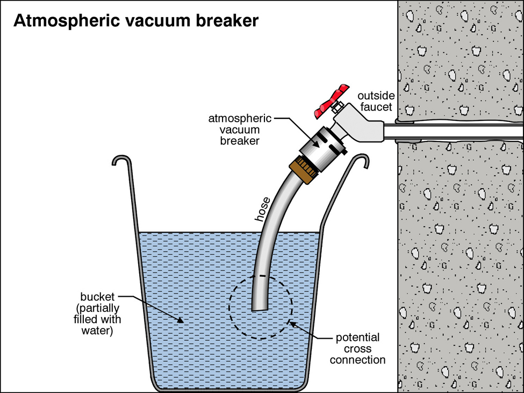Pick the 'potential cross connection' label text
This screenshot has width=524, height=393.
coord(357,349)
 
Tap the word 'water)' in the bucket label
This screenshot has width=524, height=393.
coord(96,330)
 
